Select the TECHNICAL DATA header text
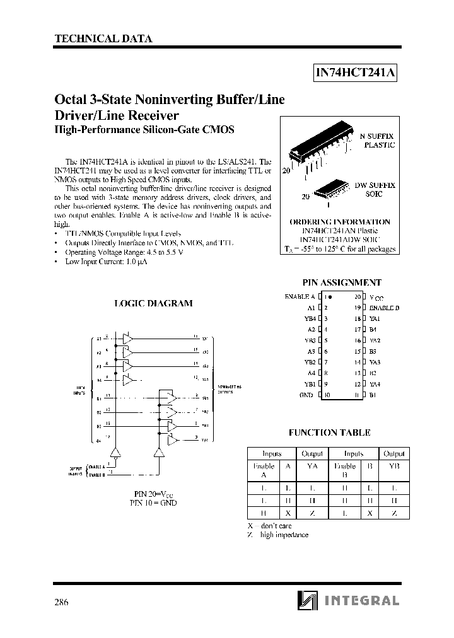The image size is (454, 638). tap(103, 38)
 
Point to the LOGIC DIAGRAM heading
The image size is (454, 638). tap(153, 303)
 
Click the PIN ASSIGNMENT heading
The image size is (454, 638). tap(342, 283)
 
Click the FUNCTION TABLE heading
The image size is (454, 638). tap(329, 432)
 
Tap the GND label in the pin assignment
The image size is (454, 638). tap(306, 395)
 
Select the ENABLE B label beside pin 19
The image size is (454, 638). tap(385, 307)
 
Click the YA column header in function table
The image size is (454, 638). tap(312, 466)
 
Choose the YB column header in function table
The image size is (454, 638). tap(394, 466)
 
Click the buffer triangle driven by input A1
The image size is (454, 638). tap(128, 339)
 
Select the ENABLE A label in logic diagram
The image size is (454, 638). tap(96, 467)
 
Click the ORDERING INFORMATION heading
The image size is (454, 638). tap(339, 222)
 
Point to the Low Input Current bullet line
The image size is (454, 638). tap(106, 262)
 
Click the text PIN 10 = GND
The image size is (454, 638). tap(153, 503)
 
